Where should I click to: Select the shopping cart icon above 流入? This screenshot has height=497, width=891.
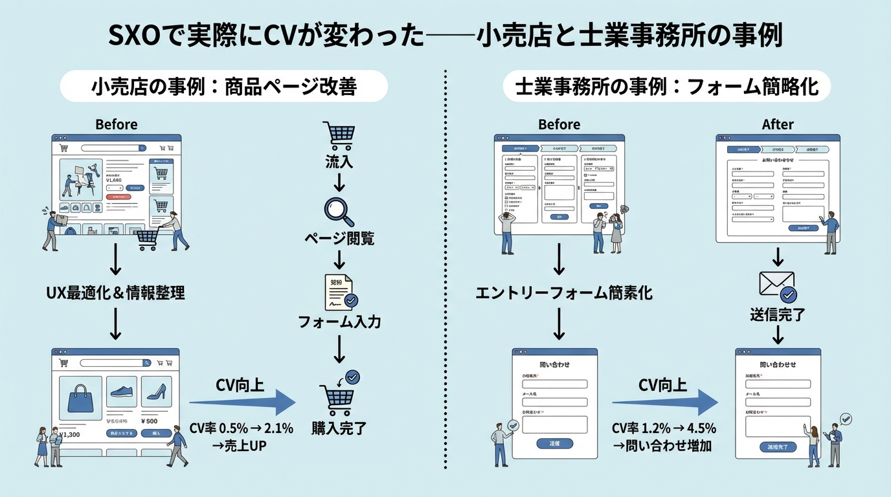click(x=339, y=135)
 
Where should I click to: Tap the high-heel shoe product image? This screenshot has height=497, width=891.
click(x=156, y=392)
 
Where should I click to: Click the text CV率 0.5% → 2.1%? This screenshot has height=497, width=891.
click(x=242, y=428)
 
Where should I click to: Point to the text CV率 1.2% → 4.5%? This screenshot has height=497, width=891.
click(x=664, y=428)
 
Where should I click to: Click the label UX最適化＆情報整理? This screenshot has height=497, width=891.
click(x=115, y=293)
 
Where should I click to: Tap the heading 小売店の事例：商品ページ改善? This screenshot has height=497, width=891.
click(x=223, y=86)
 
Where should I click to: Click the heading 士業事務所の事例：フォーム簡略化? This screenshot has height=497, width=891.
click(x=667, y=86)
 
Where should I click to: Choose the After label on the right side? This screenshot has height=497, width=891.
click(x=778, y=124)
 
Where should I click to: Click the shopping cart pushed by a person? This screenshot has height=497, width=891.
click(x=148, y=240)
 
